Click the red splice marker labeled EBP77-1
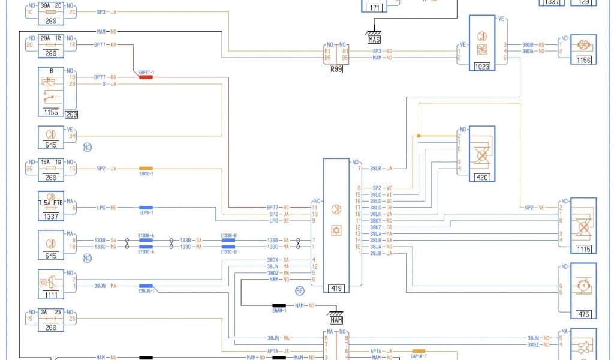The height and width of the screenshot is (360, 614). tap(146, 77)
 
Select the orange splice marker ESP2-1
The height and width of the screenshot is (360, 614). tap(146, 169)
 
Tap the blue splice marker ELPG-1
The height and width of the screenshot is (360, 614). tap(146, 208)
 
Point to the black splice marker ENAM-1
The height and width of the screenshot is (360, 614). tap(280, 305)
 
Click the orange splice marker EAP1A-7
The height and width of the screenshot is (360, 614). tap(419, 350)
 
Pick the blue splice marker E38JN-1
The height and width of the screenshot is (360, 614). tap(146, 286)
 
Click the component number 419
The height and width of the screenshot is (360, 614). tap(335, 289)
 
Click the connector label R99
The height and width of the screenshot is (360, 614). tap(336, 69)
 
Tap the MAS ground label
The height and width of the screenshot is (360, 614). tap(374, 39)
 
